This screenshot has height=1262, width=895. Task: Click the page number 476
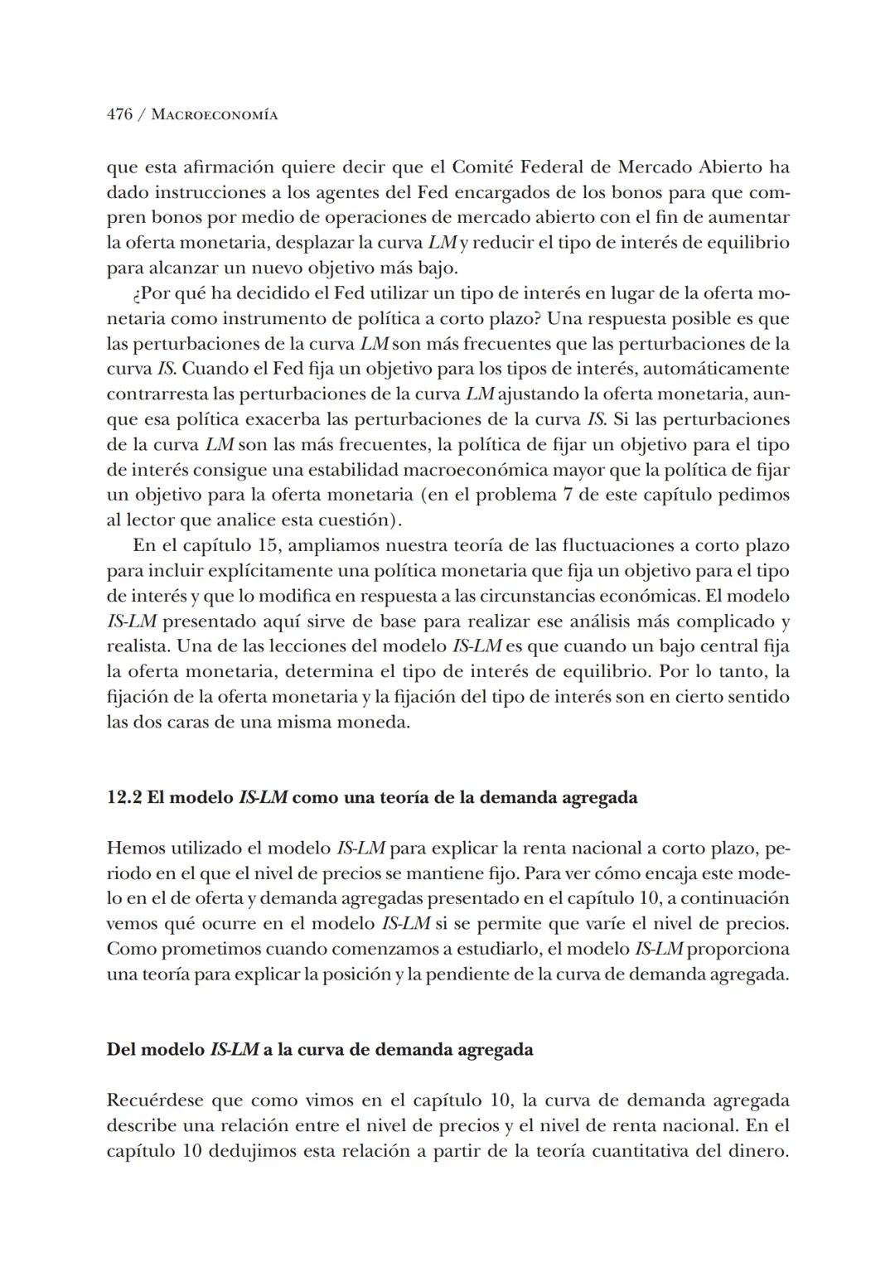point(119,115)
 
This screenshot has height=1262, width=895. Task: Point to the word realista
point(137,646)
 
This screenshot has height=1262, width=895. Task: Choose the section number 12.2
point(123,798)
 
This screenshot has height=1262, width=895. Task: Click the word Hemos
point(134,849)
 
